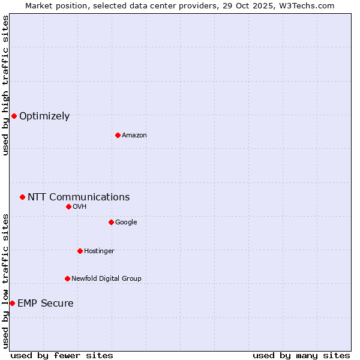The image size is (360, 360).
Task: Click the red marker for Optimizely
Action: (14, 116)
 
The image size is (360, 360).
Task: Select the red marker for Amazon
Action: (118, 135)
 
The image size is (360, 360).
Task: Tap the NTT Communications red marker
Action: (22, 197)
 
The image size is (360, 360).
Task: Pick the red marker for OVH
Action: (68, 206)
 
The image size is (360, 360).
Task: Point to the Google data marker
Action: (111, 222)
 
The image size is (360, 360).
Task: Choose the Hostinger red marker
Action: (80, 251)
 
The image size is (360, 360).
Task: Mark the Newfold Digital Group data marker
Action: (67, 278)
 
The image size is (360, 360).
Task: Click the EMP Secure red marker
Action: (12, 303)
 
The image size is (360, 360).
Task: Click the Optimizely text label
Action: (44, 116)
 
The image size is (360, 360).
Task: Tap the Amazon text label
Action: (134, 136)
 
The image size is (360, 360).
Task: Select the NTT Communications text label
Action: (79, 197)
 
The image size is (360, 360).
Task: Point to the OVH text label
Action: (80, 207)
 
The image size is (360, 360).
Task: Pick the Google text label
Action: (126, 223)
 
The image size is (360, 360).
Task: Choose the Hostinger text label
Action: (99, 251)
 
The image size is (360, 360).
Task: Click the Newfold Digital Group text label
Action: (106, 279)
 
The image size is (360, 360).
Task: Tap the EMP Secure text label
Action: (46, 304)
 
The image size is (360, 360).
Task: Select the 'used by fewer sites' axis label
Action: (62, 355)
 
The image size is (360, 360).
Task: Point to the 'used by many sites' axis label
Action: (301, 355)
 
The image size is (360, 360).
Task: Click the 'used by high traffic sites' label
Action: (5, 85)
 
